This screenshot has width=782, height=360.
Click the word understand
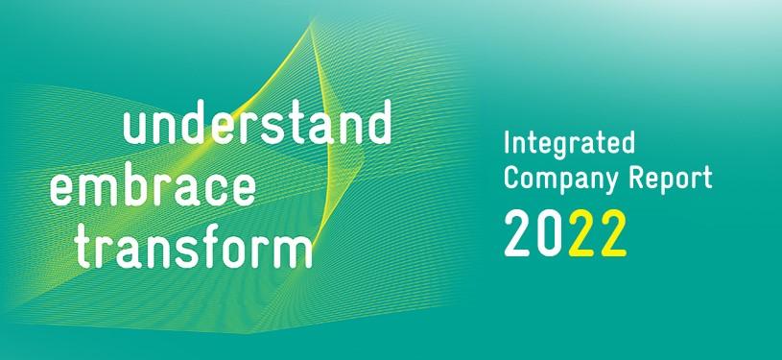(258, 128)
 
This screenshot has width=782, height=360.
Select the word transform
(195, 248)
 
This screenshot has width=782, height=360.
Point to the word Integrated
(570, 147)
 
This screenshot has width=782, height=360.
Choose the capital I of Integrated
(509, 146)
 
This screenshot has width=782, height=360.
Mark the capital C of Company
(511, 179)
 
